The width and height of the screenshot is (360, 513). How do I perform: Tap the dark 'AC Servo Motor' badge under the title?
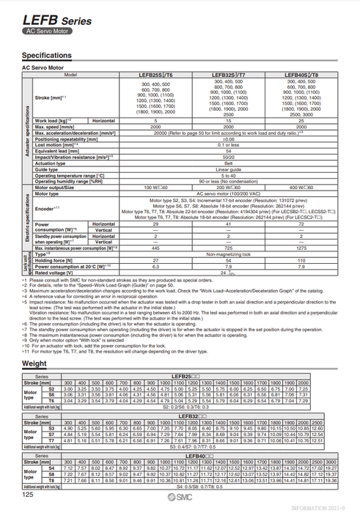(45, 32)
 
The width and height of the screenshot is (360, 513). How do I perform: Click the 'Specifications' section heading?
(47, 55)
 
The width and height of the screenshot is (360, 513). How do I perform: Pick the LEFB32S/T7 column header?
(229, 75)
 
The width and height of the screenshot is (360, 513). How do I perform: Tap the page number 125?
(28, 496)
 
